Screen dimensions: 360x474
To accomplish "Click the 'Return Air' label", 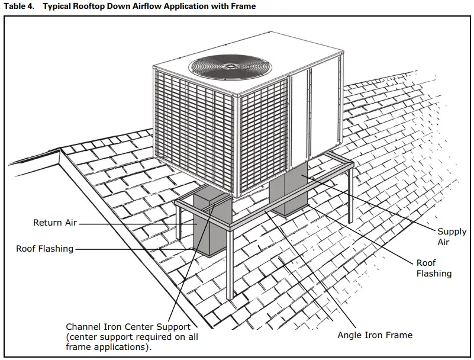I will [55, 223].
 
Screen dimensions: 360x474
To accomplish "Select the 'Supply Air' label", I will [452, 237].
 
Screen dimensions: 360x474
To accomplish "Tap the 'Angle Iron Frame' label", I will [375, 335].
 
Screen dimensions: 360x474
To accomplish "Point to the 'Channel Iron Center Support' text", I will [128, 327].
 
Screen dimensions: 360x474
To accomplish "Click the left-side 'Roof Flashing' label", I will [44, 249].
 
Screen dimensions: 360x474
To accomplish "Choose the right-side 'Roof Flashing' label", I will [434, 268].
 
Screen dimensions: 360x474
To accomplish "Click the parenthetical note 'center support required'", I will [131, 337].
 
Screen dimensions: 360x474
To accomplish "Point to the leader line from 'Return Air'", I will [136, 223].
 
